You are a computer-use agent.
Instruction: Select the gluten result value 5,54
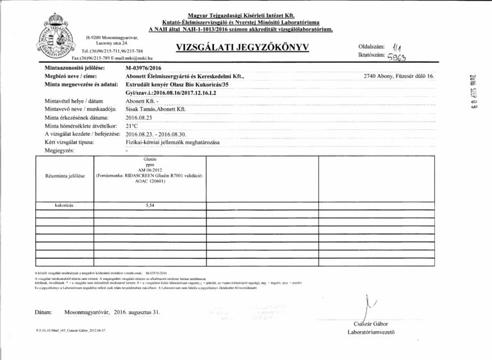pos(151,206)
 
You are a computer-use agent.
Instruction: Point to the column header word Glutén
pos(151,158)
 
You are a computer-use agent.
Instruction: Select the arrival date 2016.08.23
pos(140,119)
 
